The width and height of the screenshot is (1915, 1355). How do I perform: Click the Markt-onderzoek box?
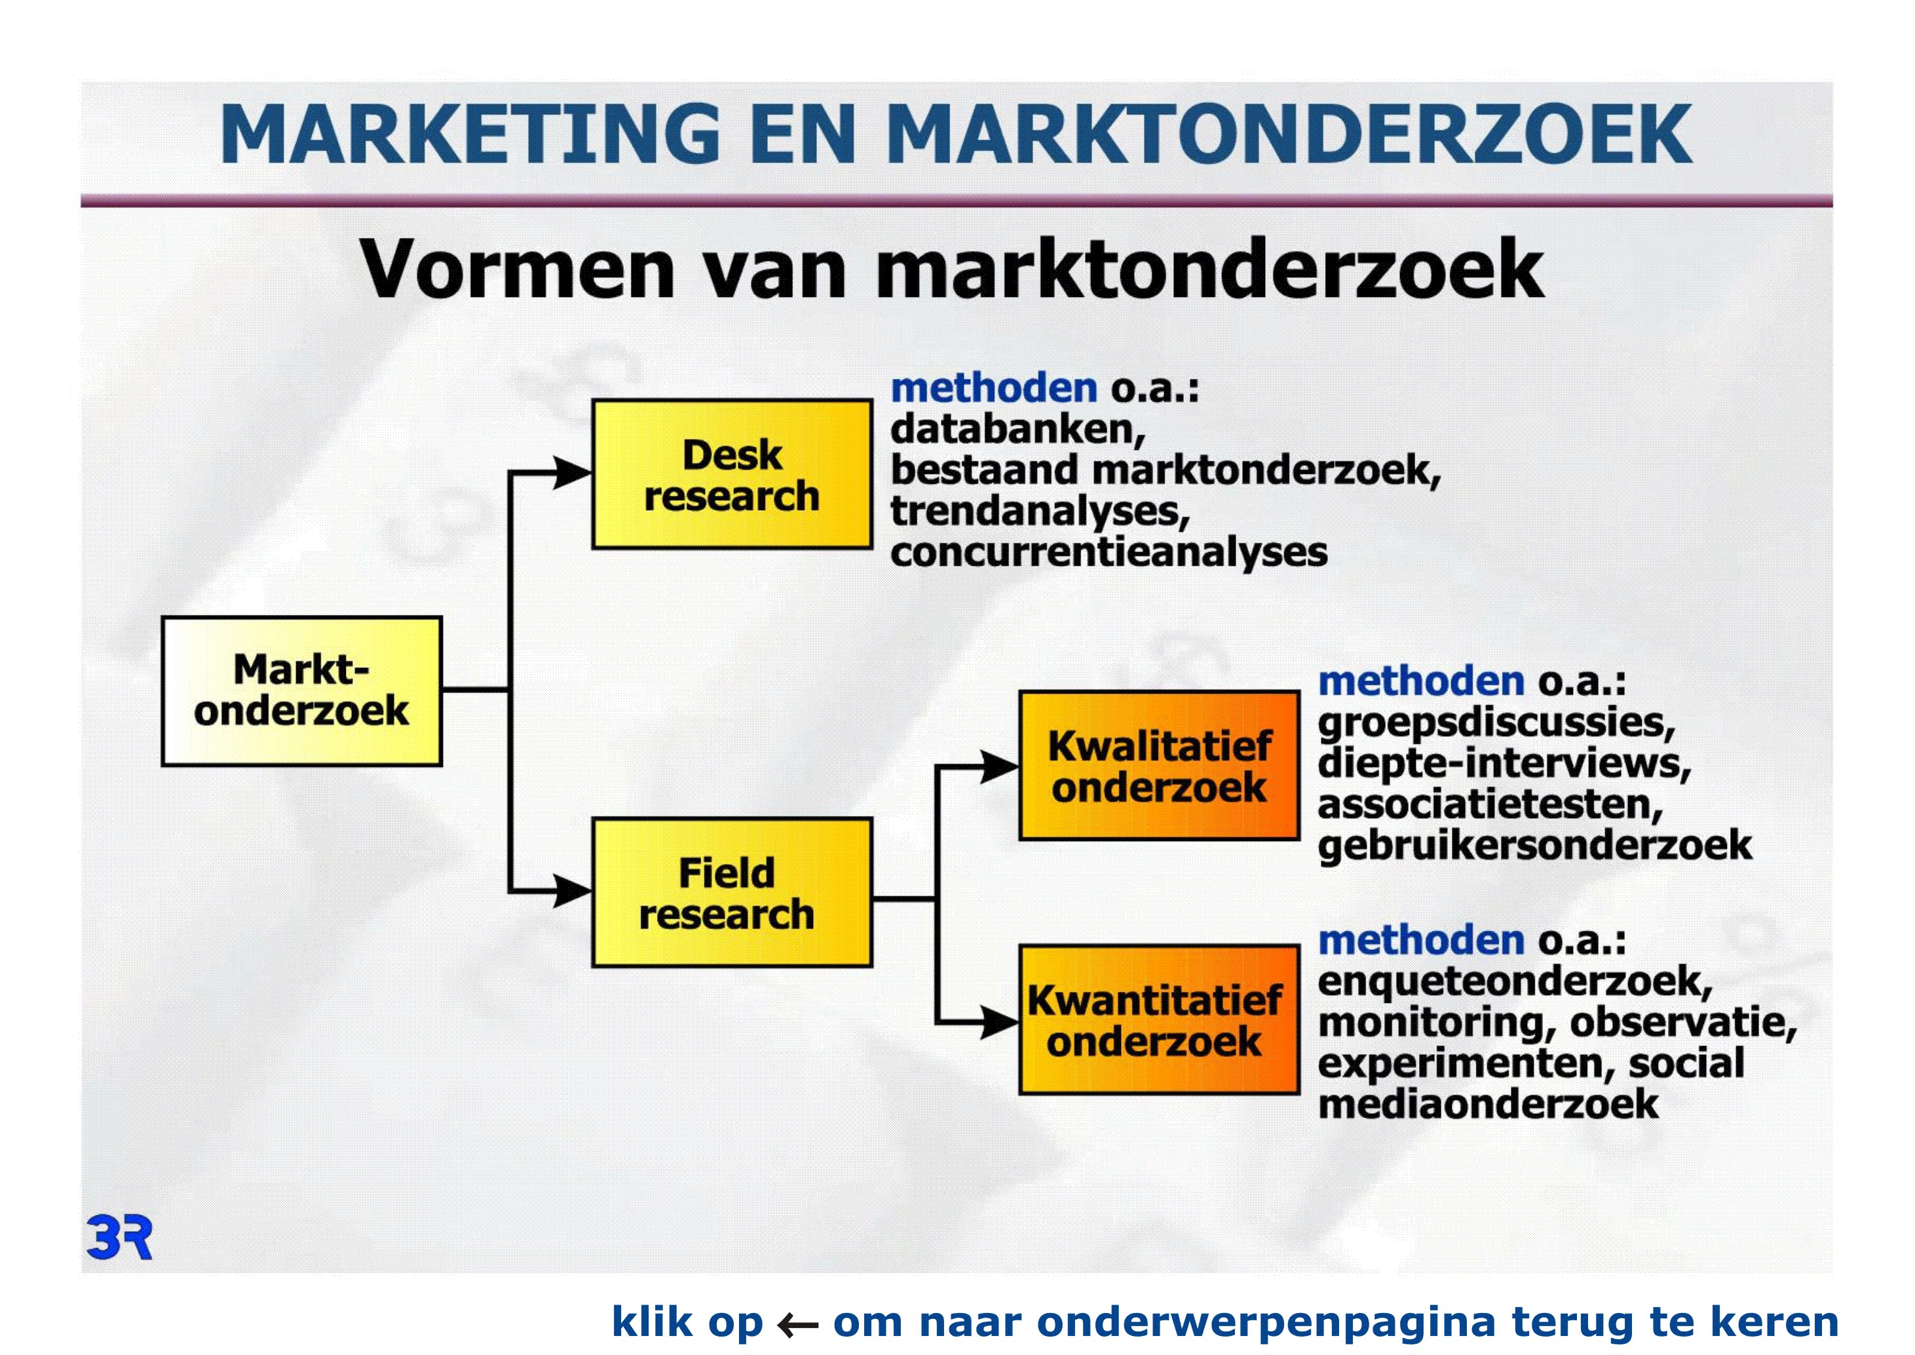coord(301,691)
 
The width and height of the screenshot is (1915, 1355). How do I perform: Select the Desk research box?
coord(732,474)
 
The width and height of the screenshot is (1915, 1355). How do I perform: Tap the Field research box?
coord(732,893)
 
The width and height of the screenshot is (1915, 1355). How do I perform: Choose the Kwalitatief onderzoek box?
coord(1160,765)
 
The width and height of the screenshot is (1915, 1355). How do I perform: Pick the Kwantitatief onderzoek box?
coord(1160,1019)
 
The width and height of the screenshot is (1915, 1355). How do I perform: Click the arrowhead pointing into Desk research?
coord(573,473)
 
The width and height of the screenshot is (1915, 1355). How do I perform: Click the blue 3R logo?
coord(119,1238)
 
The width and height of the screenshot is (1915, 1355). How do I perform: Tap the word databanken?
coord(1017,429)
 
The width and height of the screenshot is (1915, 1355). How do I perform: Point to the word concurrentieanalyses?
coord(1109,553)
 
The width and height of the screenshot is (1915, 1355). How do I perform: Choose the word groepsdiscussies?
coord(1496,722)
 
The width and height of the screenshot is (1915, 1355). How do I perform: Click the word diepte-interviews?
coord(1504,764)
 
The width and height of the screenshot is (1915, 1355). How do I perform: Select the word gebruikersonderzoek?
coord(1534,845)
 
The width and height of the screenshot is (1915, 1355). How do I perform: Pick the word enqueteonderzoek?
coord(1515,981)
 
